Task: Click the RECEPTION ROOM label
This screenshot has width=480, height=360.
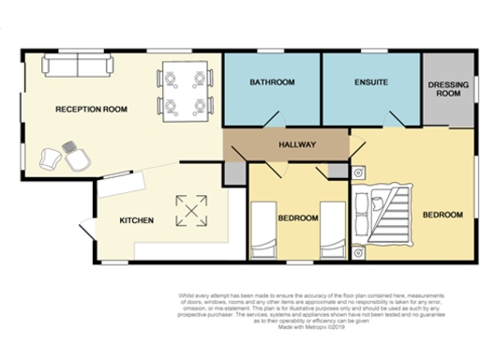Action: (x=91, y=109)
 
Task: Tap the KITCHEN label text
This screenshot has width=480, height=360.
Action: (x=136, y=220)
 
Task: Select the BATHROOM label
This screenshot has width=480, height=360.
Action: (x=272, y=82)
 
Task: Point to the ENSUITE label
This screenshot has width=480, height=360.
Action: (x=370, y=82)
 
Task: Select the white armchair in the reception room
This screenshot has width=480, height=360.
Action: (x=76, y=157)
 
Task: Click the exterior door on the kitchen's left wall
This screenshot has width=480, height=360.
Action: (x=85, y=231)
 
